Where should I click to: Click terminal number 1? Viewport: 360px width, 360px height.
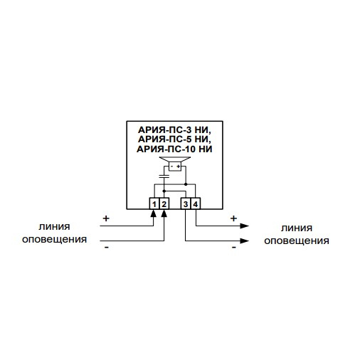(x=154, y=203)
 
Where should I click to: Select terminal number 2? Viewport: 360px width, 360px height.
(x=164, y=203)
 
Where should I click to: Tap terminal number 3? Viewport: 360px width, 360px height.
(x=186, y=203)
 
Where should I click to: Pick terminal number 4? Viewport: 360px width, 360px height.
(x=196, y=203)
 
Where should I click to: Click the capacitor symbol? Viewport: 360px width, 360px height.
(x=164, y=176)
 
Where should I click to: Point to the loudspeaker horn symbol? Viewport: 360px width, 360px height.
(x=175, y=159)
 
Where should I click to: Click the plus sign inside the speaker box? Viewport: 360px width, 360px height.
(x=179, y=166)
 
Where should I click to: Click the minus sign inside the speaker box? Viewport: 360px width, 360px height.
(x=171, y=166)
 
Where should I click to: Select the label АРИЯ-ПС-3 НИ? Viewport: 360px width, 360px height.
(x=174, y=130)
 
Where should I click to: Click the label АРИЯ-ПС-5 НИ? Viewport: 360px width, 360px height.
(x=174, y=139)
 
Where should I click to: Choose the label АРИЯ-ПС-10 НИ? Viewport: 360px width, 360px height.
(x=174, y=149)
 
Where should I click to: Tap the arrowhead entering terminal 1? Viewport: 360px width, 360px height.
(x=154, y=213)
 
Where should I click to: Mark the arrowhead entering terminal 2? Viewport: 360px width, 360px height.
(x=164, y=213)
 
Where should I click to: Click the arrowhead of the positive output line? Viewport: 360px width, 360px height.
(x=244, y=226)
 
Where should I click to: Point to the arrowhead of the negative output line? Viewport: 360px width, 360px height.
(x=244, y=241)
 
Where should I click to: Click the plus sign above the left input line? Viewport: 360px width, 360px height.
(x=106, y=218)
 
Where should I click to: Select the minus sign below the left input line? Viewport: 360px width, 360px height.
(x=107, y=248)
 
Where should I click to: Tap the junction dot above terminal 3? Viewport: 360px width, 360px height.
(x=186, y=184)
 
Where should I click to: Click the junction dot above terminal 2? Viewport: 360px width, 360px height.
(x=164, y=191)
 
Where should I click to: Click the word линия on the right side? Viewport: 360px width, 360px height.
(x=297, y=228)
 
